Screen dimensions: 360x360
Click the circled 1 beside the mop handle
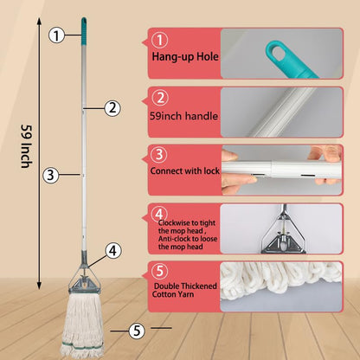pyautogui.click(x=56, y=35)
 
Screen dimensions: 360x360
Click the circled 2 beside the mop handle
pyautogui.click(x=112, y=108)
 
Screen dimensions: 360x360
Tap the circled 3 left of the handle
pyautogui.click(x=50, y=174)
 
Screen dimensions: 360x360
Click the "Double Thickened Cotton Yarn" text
pyautogui.click(x=183, y=289)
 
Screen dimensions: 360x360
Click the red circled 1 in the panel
pyautogui.click(x=159, y=39)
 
